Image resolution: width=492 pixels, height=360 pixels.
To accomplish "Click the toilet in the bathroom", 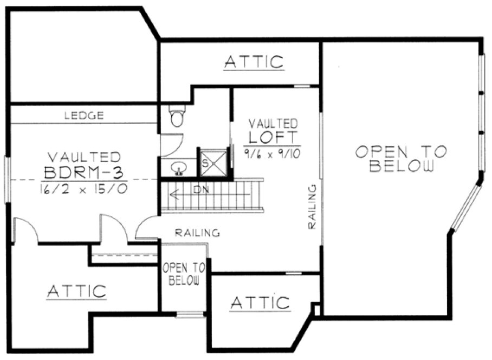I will click(x=177, y=117).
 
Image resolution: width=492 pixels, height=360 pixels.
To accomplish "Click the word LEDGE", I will click(x=84, y=115).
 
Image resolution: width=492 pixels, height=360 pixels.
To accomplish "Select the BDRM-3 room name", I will click(x=84, y=173).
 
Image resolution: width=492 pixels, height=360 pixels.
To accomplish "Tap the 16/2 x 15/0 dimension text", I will click(x=84, y=189).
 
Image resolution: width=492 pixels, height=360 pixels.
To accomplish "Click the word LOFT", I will click(x=274, y=136).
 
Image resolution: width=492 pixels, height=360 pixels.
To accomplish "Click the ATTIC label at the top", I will click(x=254, y=62).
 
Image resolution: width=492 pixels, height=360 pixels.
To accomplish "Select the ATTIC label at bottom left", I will click(x=76, y=291).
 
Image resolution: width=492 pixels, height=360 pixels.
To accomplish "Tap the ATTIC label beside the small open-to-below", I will click(x=260, y=303).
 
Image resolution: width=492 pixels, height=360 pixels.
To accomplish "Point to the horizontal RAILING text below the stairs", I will click(x=197, y=233).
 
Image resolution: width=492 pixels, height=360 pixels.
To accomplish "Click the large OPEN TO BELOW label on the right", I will click(x=401, y=159).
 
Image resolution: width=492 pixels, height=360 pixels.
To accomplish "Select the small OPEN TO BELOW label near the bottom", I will click(x=183, y=274).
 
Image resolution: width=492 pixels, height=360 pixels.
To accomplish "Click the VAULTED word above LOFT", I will click(x=273, y=123).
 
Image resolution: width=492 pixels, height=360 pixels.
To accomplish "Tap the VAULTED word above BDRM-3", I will click(x=84, y=157).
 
